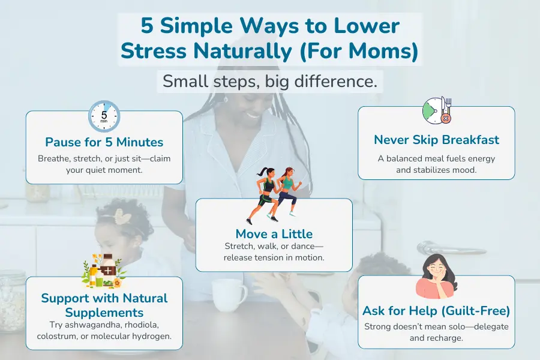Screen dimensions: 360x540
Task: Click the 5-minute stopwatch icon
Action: pyautogui.click(x=104, y=115)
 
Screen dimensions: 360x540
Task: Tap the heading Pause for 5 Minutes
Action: pyautogui.click(x=104, y=142)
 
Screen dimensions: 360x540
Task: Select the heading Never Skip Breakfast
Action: pyautogui.click(x=436, y=140)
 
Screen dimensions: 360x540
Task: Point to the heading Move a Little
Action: pyautogui.click(x=274, y=233)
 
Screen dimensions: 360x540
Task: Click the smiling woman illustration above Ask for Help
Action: pyautogui.click(x=437, y=277)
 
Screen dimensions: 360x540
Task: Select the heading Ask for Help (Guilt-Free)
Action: pyautogui.click(x=436, y=311)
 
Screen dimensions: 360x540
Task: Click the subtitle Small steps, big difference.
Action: pyautogui.click(x=270, y=82)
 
